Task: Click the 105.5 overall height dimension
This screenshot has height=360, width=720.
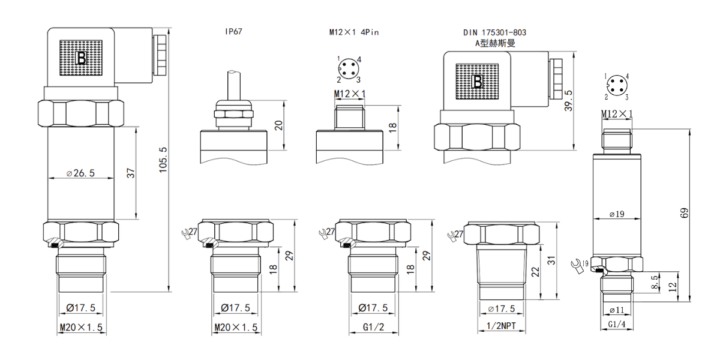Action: click(163, 160)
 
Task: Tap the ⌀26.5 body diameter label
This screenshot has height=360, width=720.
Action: click(80, 173)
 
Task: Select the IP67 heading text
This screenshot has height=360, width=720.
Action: click(233, 31)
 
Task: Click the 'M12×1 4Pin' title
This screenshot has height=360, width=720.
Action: click(354, 32)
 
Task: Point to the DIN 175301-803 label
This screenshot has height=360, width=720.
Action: click(494, 32)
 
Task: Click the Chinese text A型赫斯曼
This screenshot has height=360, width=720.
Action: click(496, 43)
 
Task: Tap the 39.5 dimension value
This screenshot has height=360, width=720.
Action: click(569, 101)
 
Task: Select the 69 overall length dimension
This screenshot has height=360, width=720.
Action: click(685, 213)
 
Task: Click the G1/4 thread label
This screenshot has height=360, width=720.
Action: click(617, 325)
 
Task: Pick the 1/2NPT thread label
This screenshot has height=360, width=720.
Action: click(501, 326)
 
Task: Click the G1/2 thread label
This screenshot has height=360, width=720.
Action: click(373, 327)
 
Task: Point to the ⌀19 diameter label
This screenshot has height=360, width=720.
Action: click(617, 214)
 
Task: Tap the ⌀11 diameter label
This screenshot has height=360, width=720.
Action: click(617, 310)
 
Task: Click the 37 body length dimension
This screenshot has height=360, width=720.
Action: click(131, 173)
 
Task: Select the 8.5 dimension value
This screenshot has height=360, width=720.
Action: click(655, 282)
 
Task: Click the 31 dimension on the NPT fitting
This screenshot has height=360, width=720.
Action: click(551, 260)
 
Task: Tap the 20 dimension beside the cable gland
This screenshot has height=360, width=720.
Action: click(278, 125)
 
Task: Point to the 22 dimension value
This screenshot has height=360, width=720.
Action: click(535, 272)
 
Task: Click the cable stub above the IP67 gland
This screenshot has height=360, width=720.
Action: click(233, 85)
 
